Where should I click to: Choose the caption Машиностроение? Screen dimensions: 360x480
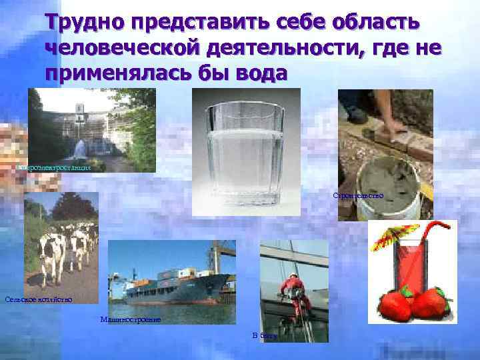pos(130,320)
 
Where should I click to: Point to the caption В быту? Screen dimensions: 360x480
pos(263,335)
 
